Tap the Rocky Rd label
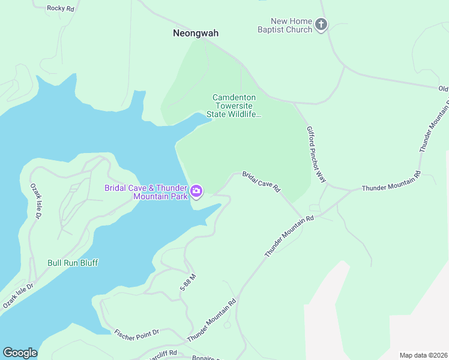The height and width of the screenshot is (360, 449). point(60,8)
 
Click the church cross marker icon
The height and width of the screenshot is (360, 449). point(321,25)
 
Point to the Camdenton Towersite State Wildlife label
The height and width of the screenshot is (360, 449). point(234,106)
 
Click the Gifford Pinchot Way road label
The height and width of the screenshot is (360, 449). point(316,154)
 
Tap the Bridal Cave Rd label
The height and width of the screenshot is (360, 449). point(261,182)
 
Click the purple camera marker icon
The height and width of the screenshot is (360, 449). point(196,192)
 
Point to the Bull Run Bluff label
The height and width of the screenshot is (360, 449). point(73,263)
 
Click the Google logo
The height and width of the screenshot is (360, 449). point(20,353)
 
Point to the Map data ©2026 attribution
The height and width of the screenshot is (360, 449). point(423,355)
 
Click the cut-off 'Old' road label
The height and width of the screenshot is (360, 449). point(443,89)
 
